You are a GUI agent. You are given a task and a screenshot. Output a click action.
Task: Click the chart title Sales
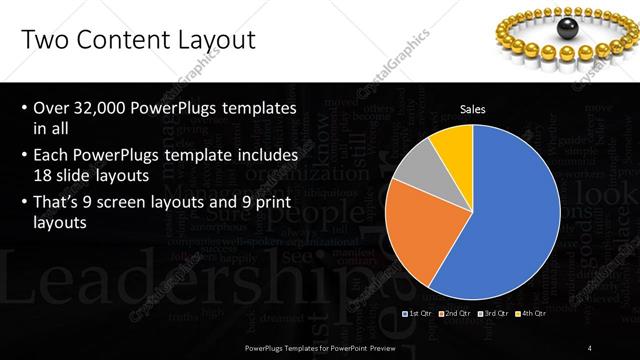[x=472, y=109]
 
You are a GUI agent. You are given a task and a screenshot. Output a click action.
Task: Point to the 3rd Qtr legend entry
[x=493, y=314]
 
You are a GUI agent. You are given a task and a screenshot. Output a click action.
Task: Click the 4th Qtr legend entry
[x=530, y=314]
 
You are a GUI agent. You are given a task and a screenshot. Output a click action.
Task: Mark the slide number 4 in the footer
[x=589, y=347]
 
